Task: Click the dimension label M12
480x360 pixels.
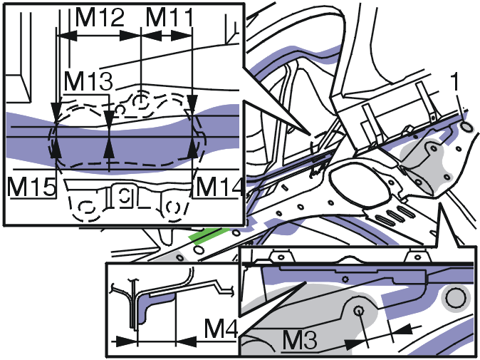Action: coord(100,17)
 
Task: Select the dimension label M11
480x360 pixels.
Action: coord(169,17)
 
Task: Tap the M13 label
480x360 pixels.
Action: coord(88,81)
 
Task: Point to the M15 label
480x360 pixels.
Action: coord(32,186)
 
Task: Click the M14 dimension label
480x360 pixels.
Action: coord(220,186)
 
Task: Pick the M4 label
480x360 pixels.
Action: coord(221,329)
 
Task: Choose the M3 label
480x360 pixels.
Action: coord(299,340)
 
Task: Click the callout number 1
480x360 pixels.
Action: coord(456,82)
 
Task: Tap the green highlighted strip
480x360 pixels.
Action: coord(209,235)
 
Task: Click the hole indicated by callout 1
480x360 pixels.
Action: coord(466,127)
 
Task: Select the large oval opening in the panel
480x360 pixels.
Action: coord(360,184)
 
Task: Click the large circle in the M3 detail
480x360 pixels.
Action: coord(456,299)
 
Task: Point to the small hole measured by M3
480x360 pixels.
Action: coord(358,311)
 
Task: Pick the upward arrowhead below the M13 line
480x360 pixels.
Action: coord(109,150)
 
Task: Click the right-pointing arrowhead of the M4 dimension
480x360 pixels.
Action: coord(126,341)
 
